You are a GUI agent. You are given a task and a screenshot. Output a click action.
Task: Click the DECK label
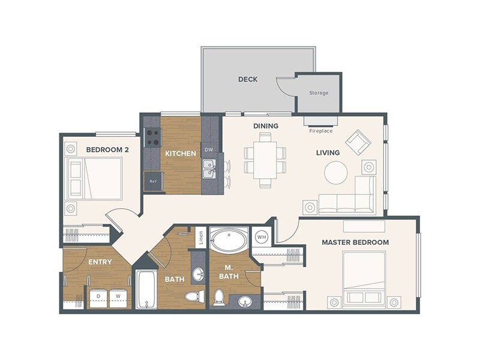pyautogui.click(x=248, y=79)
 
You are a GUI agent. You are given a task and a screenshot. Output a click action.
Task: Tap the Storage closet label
pyautogui.click(x=318, y=93)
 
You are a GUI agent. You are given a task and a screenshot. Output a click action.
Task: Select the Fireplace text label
pyautogui.click(x=320, y=131)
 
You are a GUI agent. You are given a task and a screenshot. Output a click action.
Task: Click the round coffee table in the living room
pyautogui.click(x=335, y=173)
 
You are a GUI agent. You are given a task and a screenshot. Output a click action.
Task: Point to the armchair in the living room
pyautogui.click(x=358, y=142)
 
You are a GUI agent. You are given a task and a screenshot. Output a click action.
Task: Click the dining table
pyautogui.click(x=265, y=160)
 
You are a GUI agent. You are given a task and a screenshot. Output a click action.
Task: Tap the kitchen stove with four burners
pyautogui.click(x=152, y=138)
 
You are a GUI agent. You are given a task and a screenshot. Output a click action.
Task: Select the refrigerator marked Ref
pyautogui.click(x=153, y=181)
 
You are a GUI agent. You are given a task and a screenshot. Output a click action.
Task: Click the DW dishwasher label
pyautogui.click(x=209, y=150)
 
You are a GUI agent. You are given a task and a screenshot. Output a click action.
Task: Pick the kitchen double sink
pyautogui.click(x=209, y=169)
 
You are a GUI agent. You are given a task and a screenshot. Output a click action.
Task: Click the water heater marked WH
pyautogui.click(x=261, y=236)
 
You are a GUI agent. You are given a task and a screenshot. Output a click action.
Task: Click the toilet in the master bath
pyautogui.click(x=219, y=296)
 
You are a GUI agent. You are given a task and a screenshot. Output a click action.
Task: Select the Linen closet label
pyautogui.click(x=201, y=236)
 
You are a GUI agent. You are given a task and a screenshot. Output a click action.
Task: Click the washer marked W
pyautogui.click(x=119, y=296)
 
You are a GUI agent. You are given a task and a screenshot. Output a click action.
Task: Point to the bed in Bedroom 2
pyautogui.click(x=95, y=178)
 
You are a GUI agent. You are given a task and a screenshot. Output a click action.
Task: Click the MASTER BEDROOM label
pyautogui.click(x=355, y=242)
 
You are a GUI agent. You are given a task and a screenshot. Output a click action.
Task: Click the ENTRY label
pyautogui.click(x=100, y=262)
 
